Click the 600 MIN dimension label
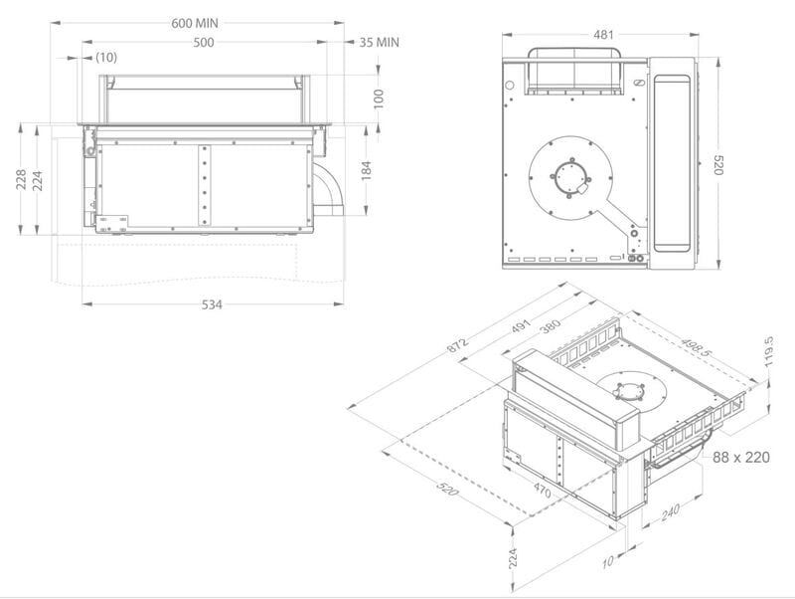coord(194,23)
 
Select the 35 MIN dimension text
coord(380,42)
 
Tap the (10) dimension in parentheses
coord(106,58)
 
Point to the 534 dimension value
coord(212,304)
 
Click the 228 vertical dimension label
coord(21,179)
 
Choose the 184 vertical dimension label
coord(366,170)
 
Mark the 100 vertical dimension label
coord(379,99)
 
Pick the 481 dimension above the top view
coord(603,35)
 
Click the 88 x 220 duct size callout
coord(740,457)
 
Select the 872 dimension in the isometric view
coord(457,344)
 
